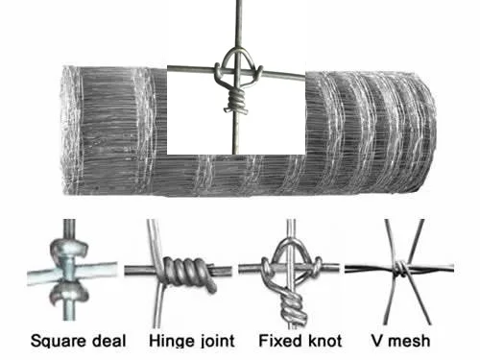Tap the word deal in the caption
point(108,340)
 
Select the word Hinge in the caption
point(170,340)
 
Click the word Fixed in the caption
point(280,340)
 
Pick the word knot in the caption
point(322,340)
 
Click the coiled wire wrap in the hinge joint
point(190,271)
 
